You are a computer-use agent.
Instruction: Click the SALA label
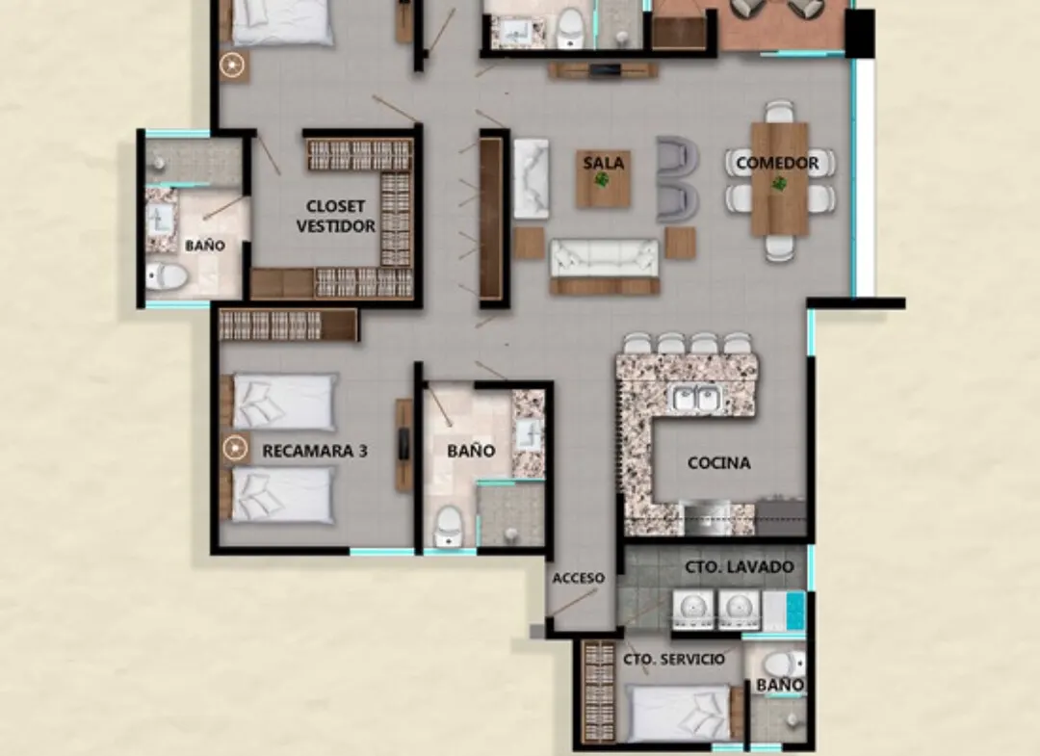pyautogui.click(x=603, y=163)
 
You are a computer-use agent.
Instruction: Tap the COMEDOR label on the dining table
pyautogui.click(x=777, y=163)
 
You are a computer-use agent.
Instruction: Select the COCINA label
pyautogui.click(x=719, y=463)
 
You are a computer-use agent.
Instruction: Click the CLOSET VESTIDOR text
pyautogui.click(x=336, y=216)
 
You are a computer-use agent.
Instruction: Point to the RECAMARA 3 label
pyautogui.click(x=314, y=451)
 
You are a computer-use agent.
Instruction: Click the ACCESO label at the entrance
pyautogui.click(x=579, y=578)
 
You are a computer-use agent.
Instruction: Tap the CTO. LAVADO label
pyautogui.click(x=740, y=567)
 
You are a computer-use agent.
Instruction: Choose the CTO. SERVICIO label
pyautogui.click(x=674, y=659)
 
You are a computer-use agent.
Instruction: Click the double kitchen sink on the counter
pyautogui.click(x=697, y=398)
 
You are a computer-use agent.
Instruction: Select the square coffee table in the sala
pyautogui.click(x=603, y=178)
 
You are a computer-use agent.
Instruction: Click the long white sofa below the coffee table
pyautogui.click(x=604, y=259)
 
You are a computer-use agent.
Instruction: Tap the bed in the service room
pyautogui.click(x=678, y=714)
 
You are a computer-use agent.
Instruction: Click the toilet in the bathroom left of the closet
pyautogui.click(x=166, y=275)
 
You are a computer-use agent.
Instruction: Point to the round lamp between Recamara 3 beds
pyautogui.click(x=235, y=449)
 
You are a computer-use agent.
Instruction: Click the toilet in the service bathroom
pyautogui.click(x=784, y=664)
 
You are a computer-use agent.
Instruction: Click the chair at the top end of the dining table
pyautogui.click(x=779, y=112)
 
